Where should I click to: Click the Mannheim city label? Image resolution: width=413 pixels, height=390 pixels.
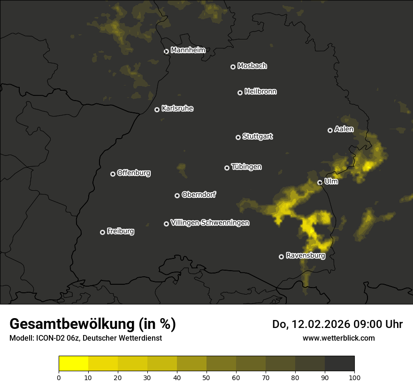pos(188,50)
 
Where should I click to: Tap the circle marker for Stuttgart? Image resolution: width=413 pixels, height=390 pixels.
pos(238,137)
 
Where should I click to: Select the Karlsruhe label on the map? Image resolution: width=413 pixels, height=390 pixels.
pos(177,109)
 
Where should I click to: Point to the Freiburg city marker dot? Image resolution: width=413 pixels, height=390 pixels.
pos(103,232)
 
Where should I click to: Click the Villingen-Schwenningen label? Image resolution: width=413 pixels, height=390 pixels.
pos(210,223)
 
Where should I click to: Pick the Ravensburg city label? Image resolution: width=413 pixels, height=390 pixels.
pos(306,256)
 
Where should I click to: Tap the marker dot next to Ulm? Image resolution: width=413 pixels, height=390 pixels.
pos(320,182)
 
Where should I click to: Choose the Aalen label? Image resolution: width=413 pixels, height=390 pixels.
pos(344,129)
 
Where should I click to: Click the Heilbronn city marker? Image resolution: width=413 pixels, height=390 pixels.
pos(240,93)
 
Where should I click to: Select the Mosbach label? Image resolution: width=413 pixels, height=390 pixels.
pos(252,66)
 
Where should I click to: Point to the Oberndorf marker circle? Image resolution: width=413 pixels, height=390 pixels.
pos(177,195)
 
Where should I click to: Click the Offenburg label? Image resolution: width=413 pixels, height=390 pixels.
pos(134,173)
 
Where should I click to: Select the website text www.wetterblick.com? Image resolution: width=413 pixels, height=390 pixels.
pos(338,338)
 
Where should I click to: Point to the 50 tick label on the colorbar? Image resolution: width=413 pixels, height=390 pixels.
pos(206,377)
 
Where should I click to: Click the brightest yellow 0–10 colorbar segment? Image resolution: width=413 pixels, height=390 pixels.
pos(74,364)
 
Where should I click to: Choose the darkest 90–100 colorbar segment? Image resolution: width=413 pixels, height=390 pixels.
pos(339,364)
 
